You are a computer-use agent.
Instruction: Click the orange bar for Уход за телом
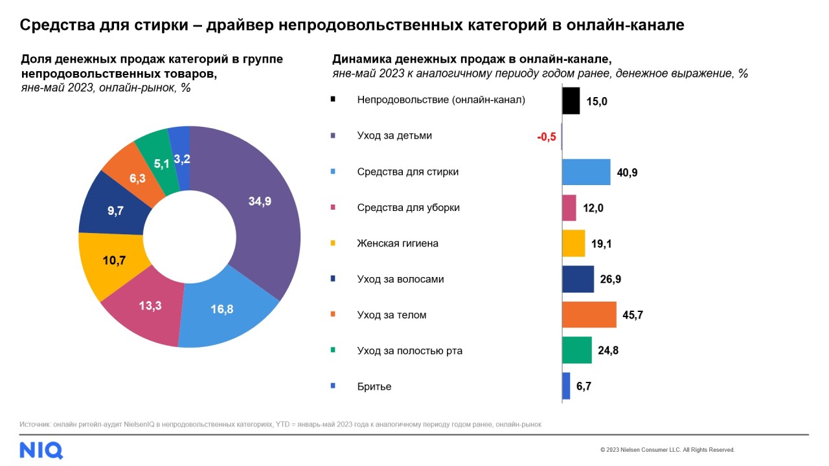(589, 315)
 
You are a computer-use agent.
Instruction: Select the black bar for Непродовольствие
(571, 101)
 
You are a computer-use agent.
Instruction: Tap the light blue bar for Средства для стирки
(586, 172)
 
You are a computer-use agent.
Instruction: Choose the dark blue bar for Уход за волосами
(578, 279)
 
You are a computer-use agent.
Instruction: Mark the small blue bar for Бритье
(566, 386)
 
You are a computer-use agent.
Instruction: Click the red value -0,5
(547, 137)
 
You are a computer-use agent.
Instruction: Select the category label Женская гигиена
(398, 243)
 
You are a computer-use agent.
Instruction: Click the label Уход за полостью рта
(409, 351)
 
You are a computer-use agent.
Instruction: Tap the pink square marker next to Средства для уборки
(333, 207)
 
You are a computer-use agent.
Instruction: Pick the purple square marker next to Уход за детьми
(333, 136)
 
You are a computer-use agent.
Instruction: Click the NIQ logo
(41, 449)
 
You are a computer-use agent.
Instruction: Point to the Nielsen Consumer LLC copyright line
(667, 450)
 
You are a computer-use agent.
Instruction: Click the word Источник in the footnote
(33, 425)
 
